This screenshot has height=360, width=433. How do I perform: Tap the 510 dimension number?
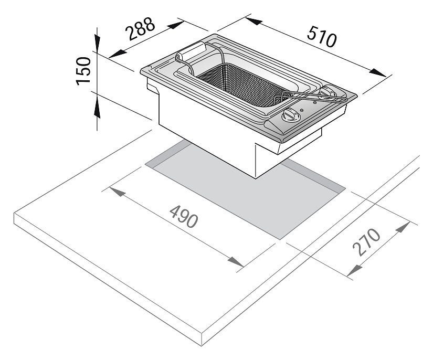[x=322, y=36]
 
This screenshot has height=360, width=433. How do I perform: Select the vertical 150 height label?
[x=83, y=71]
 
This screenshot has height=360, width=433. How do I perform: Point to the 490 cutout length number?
[x=184, y=217]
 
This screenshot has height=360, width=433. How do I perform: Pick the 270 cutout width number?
[x=366, y=241]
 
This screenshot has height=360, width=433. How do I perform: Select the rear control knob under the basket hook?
[x=329, y=92]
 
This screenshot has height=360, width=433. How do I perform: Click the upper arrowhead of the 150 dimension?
[x=97, y=42]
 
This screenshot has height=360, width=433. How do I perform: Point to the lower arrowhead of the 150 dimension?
[x=97, y=109]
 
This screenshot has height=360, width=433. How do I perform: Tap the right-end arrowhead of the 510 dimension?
[x=377, y=72]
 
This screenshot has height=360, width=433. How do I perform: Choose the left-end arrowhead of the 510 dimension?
[x=253, y=21]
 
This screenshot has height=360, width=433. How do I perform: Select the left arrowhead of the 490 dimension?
[x=118, y=192]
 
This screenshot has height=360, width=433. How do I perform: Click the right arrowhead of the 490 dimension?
[x=236, y=262]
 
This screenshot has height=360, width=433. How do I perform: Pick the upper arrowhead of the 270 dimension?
[x=403, y=228]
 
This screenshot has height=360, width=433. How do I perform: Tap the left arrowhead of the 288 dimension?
[x=118, y=54]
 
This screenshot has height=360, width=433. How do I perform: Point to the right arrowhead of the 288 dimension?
[x=176, y=25]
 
